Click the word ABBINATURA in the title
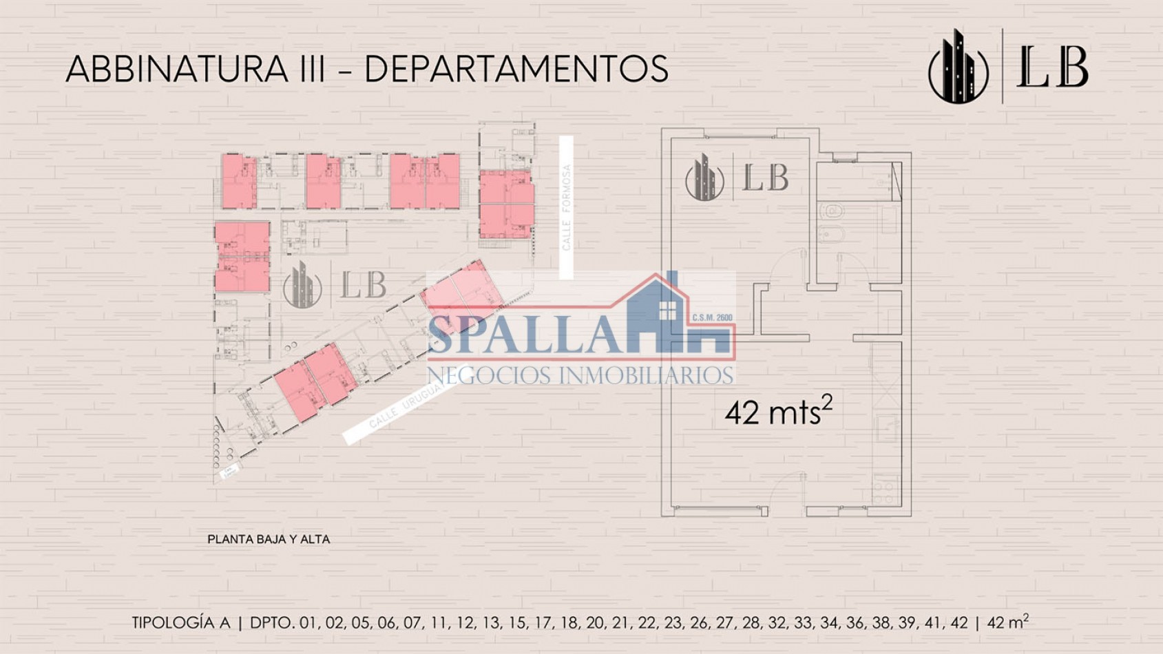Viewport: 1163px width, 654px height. (x=177, y=70)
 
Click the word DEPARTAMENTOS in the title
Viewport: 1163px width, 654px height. (x=516, y=70)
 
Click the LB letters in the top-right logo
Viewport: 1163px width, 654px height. (x=1052, y=67)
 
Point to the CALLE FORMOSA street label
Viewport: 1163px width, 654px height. (x=566, y=207)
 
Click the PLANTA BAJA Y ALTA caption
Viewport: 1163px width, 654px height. (x=269, y=540)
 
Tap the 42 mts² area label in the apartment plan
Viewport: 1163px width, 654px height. (x=778, y=412)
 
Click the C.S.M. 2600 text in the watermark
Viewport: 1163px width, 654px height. (x=712, y=318)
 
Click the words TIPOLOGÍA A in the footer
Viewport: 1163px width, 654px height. (x=181, y=623)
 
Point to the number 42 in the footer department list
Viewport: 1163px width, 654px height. (x=958, y=623)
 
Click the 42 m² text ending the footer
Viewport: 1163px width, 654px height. (x=1008, y=622)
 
